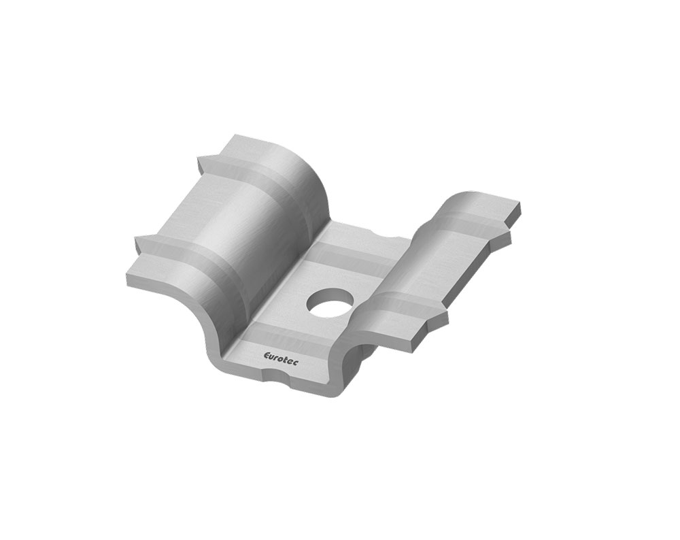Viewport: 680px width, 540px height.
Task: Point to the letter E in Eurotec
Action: point(267,355)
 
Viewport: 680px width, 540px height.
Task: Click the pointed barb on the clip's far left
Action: point(138,239)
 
